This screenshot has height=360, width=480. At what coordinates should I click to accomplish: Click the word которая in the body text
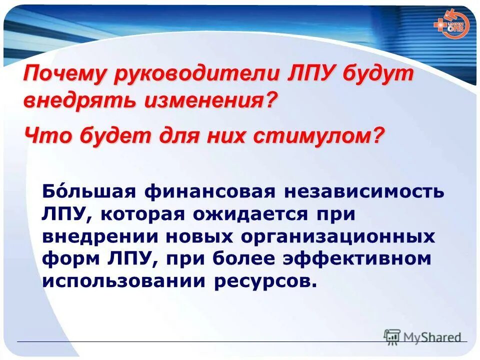(x=143, y=213)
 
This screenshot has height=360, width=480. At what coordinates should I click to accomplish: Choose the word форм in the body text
(x=64, y=258)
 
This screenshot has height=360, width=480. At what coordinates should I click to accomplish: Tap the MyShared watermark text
(x=431, y=337)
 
